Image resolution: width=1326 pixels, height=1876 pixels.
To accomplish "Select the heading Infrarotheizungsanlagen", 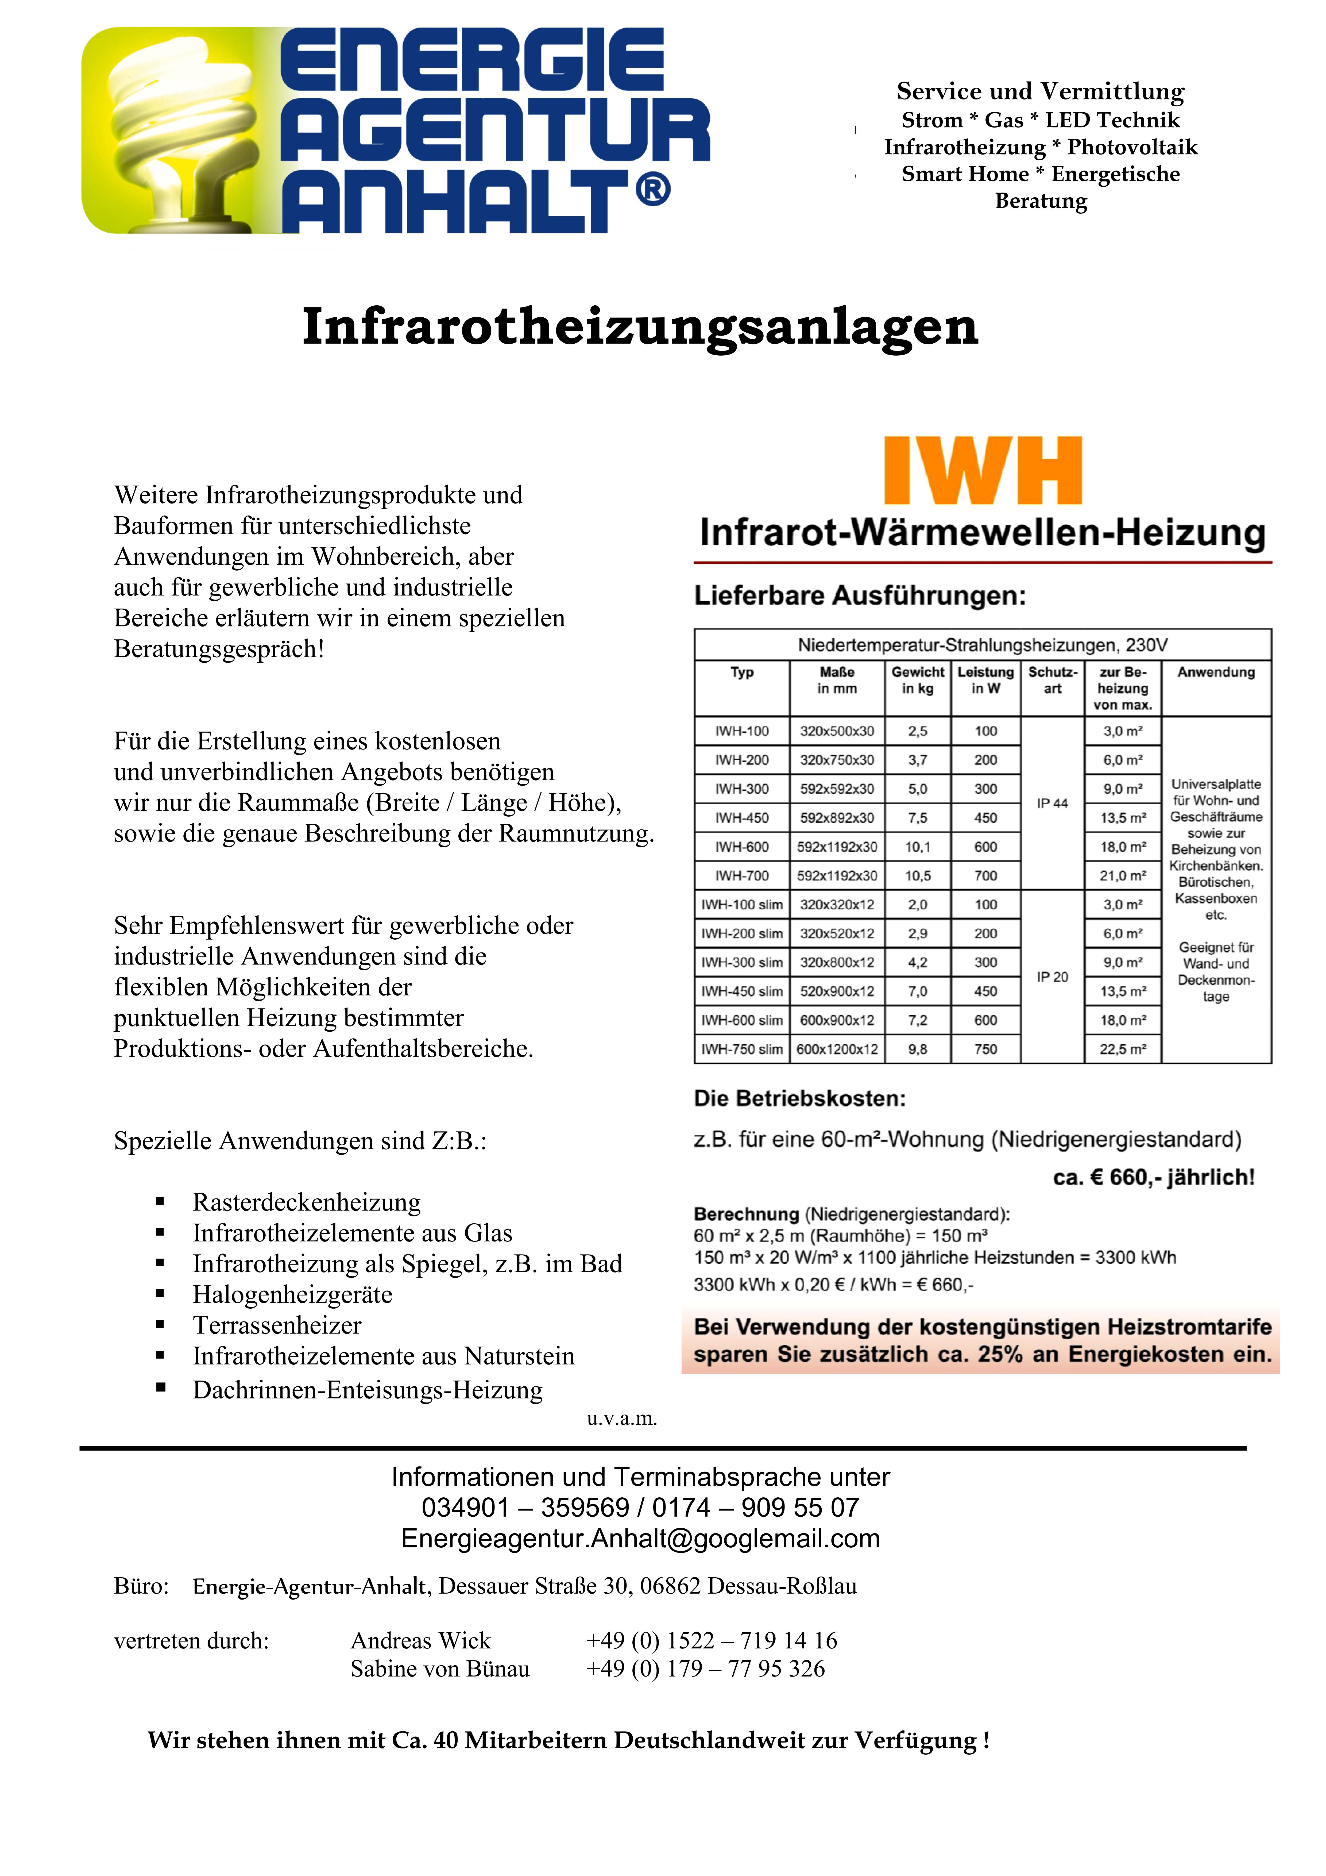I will pyautogui.click(x=640, y=327).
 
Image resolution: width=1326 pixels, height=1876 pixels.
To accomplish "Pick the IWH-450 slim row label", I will pyautogui.click(x=741, y=991).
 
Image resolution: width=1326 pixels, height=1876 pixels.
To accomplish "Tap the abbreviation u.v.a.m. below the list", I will pyautogui.click(x=622, y=1418).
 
